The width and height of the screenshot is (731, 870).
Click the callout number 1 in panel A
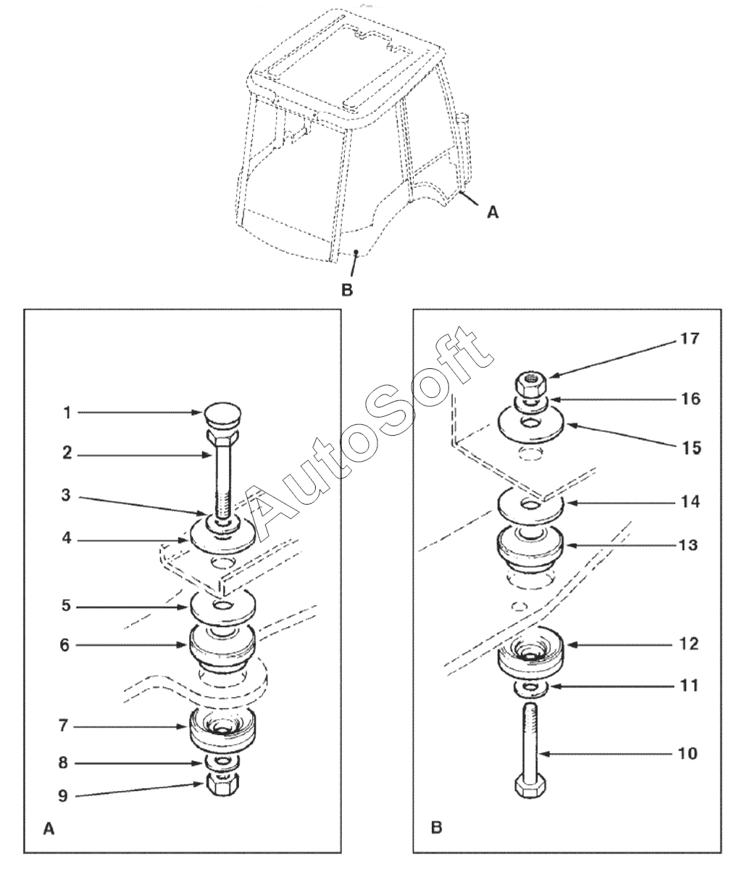coord(67,413)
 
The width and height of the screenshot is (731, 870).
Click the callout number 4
coord(67,539)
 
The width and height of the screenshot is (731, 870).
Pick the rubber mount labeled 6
coord(222,650)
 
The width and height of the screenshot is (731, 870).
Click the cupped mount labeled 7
coord(222,727)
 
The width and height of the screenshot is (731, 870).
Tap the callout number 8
coord(63,763)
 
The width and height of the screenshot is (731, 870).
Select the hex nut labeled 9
coord(222,785)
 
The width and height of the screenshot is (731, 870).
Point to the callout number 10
coord(687,753)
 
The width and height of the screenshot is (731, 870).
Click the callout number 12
coord(688,644)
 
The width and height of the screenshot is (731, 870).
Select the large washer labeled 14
coord(531,506)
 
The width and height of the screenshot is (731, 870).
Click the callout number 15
coord(691,448)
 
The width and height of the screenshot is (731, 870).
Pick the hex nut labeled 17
coord(530,384)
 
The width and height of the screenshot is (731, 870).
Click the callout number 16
coord(691,399)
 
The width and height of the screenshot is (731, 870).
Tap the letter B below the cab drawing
coord(347,289)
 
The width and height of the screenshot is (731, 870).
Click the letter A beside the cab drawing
coord(493,212)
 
